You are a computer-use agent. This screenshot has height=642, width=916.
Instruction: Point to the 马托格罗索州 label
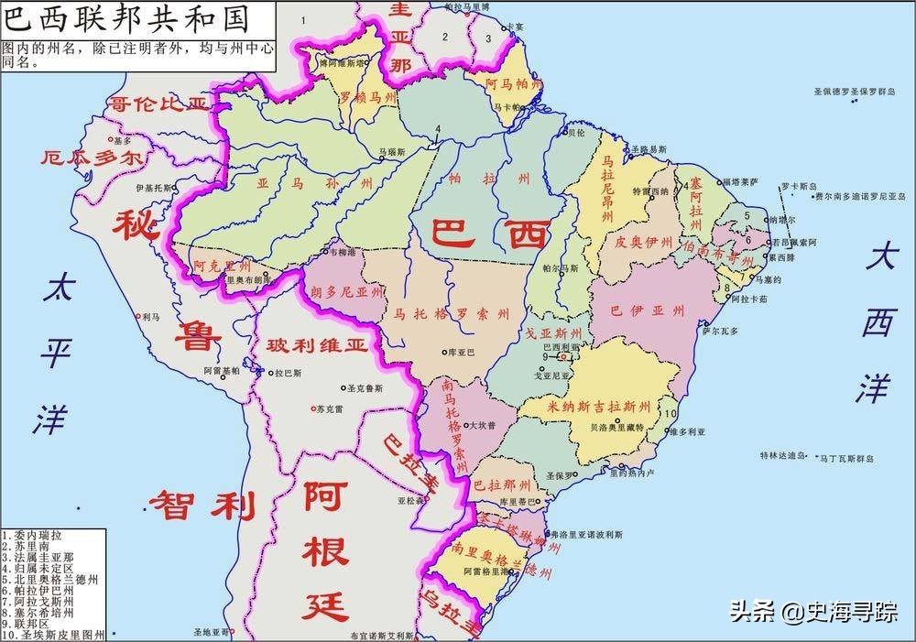[452, 314]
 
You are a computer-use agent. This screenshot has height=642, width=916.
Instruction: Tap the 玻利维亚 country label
[316, 346]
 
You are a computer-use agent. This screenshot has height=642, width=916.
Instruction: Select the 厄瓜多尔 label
[93, 158]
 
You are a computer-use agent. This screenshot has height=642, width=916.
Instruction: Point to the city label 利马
[151, 316]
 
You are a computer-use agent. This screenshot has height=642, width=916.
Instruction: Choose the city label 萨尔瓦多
[720, 332]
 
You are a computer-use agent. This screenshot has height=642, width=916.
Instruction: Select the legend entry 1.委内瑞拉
[33, 535]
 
